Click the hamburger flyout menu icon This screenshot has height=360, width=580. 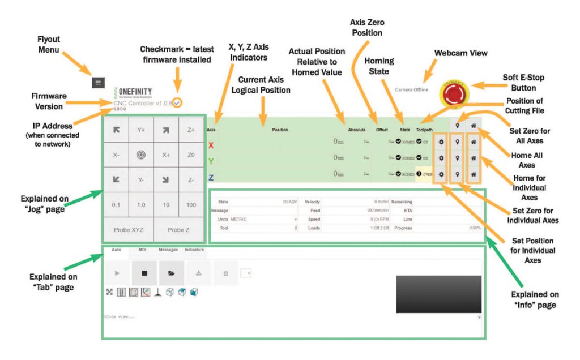[x=98, y=82]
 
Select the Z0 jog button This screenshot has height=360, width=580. [x=191, y=155]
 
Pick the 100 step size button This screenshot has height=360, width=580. [x=191, y=204]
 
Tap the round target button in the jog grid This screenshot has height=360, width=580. [x=141, y=155]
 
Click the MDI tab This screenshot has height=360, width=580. [x=142, y=250]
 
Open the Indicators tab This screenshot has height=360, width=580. [x=194, y=250]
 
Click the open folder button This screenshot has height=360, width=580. [x=171, y=273]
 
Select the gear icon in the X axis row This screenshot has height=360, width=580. [x=441, y=141]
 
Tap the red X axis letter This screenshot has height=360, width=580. [x=211, y=145]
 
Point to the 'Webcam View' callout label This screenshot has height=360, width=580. [x=460, y=53]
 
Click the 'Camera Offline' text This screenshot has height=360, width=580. [x=412, y=89]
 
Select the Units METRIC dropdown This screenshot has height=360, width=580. [x=263, y=219]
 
